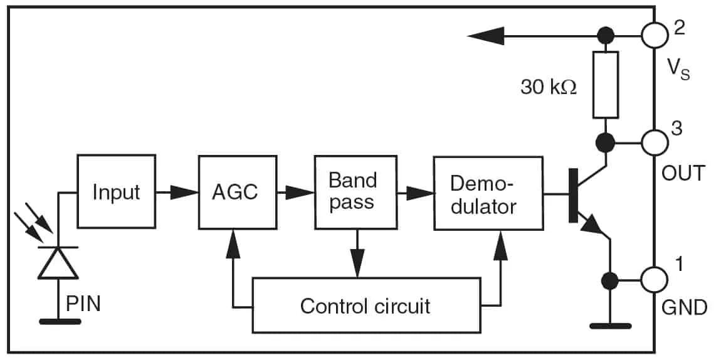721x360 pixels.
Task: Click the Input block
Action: pos(116,192)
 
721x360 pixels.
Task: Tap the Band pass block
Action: pos(354,192)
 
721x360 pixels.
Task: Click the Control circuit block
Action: pos(365,306)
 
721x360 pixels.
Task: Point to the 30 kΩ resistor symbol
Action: pos(605,85)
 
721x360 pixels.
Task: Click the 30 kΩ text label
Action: pos(548,87)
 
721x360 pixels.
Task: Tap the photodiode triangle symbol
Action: pos(58,263)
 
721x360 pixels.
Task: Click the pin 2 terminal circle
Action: pos(655,35)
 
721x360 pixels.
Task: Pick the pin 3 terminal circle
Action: pos(655,142)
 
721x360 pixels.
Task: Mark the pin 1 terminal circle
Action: pos(655,279)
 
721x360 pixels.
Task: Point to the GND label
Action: pos(684,308)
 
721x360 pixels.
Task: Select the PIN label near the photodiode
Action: pos(83,305)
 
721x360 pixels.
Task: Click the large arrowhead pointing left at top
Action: pos(487,36)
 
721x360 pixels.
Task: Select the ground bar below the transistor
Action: pos(610,326)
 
